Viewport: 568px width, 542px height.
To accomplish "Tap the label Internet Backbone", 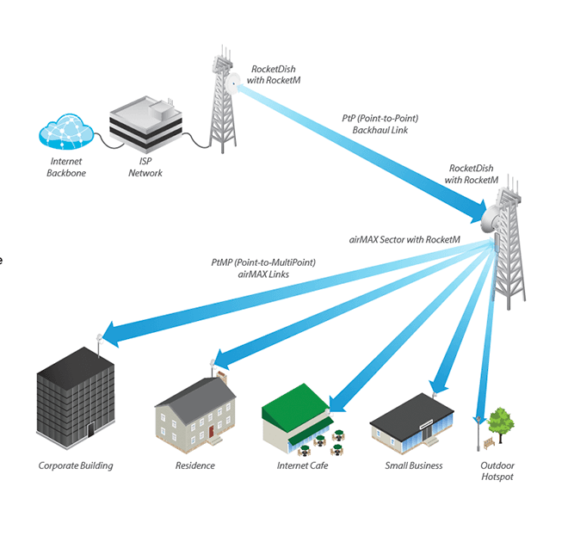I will point(66,168).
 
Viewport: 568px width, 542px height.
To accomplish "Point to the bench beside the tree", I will point(488,443).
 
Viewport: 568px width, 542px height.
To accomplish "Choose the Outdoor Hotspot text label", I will point(497,471).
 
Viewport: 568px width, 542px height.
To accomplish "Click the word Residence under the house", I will point(194,465).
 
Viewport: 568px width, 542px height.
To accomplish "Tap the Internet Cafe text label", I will point(302,465).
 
